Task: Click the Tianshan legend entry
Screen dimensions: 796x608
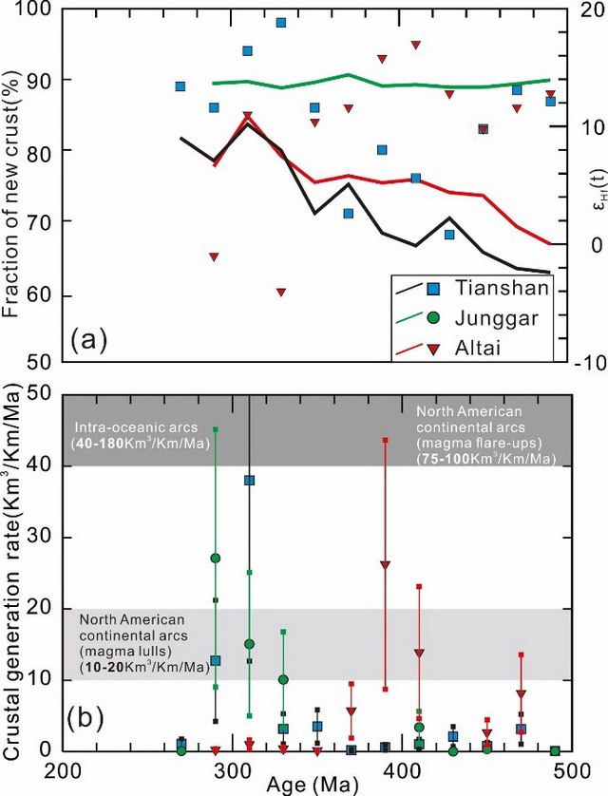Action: [489, 288]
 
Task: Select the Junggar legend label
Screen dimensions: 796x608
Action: [488, 317]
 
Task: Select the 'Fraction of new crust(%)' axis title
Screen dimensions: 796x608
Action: [13, 180]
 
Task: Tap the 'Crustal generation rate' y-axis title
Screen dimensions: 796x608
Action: [13, 570]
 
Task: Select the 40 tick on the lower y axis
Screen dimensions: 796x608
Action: [43, 465]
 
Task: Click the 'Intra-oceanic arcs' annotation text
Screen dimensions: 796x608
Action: [124, 428]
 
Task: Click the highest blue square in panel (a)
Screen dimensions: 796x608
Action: [281, 22]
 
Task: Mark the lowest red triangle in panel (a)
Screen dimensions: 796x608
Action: [281, 292]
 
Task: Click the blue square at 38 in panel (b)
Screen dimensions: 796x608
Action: [249, 481]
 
